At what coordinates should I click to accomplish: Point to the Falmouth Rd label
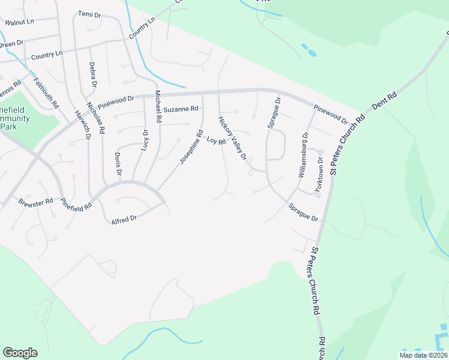coord(46,93)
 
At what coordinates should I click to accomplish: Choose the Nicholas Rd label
coord(96,117)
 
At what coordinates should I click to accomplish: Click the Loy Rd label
coord(216,142)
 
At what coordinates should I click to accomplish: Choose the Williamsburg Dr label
coord(303,153)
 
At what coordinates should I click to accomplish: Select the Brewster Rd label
coord(32,203)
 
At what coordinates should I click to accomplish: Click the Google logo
coord(20,353)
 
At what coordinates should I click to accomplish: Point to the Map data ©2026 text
coord(423,355)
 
